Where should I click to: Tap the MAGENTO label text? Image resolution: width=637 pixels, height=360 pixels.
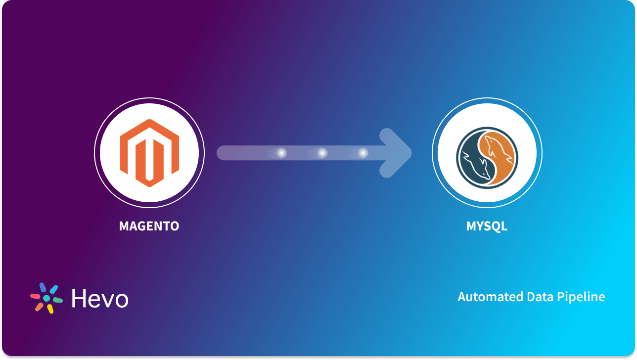149,226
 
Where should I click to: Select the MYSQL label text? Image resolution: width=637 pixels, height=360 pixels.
487,226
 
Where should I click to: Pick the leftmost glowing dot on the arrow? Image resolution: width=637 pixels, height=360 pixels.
281,153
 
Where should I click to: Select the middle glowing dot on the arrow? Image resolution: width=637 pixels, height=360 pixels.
322,153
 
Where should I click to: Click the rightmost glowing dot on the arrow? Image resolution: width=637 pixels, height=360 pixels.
363,153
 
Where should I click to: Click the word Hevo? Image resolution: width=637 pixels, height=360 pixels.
100,298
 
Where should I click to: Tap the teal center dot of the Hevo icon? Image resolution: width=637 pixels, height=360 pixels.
46,298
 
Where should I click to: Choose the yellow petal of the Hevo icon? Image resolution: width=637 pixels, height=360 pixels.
50,309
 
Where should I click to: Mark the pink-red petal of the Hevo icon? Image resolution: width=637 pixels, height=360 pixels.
35,296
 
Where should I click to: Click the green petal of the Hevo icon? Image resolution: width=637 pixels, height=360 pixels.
58,300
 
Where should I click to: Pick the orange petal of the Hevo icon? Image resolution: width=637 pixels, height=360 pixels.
39,307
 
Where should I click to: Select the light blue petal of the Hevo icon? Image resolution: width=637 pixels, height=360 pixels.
53,289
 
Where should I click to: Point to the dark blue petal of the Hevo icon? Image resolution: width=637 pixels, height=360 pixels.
43,287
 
